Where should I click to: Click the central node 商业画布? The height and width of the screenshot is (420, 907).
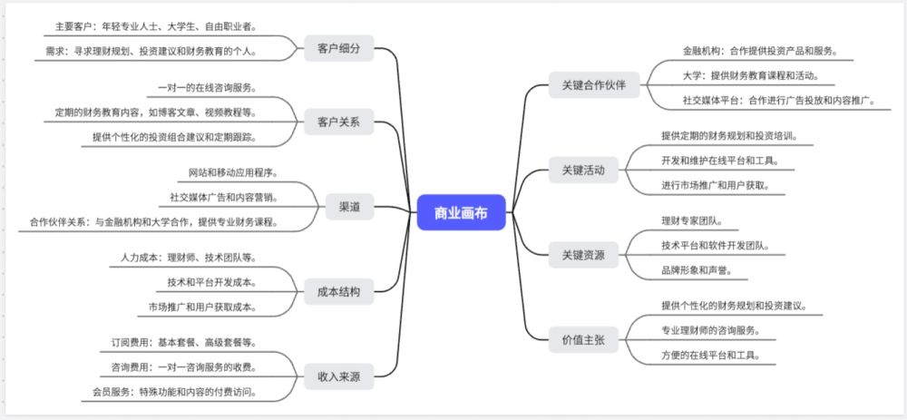461,213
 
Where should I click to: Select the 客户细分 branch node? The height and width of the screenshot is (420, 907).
339,49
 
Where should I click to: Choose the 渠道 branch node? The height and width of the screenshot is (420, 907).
349,207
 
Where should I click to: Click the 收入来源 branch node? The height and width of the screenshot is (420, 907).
338,376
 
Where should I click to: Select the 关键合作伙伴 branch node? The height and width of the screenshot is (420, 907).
594,86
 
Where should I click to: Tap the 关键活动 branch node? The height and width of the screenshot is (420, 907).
583,170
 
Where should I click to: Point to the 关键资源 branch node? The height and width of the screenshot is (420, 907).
583,254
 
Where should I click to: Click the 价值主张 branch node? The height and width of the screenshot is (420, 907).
583,338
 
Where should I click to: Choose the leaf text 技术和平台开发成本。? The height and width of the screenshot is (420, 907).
211,282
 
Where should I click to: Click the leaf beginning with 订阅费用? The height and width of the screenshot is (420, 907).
184,343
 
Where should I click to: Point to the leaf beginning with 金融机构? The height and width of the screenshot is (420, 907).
760,51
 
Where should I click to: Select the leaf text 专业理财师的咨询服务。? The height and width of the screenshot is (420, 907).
717,329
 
